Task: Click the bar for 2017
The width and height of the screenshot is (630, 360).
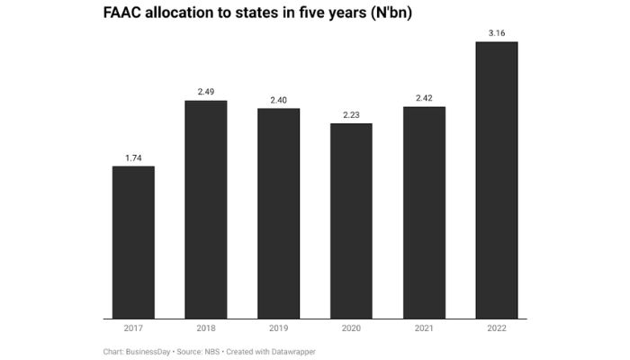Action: [133, 242]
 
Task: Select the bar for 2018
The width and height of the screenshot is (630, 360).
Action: [205, 209]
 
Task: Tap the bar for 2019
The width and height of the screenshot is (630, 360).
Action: [278, 213]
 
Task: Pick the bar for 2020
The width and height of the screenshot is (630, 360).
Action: [351, 220]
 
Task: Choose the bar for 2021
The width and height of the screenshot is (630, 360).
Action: [424, 212]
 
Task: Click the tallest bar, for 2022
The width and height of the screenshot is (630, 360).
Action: [497, 180]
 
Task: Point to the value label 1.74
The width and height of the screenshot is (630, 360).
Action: [133, 157]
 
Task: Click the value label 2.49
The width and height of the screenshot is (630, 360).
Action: [205, 92]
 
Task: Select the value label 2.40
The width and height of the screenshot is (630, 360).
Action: [278, 100]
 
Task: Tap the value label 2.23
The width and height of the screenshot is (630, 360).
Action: [351, 114]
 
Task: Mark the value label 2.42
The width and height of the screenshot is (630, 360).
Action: [424, 98]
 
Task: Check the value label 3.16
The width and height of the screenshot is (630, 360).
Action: [497, 33]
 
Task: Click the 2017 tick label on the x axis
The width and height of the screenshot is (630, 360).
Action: [133, 329]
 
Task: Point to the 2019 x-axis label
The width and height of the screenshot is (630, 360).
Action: [278, 329]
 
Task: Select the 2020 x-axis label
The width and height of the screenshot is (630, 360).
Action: [351, 329]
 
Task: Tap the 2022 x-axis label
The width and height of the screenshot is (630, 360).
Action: [497, 329]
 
